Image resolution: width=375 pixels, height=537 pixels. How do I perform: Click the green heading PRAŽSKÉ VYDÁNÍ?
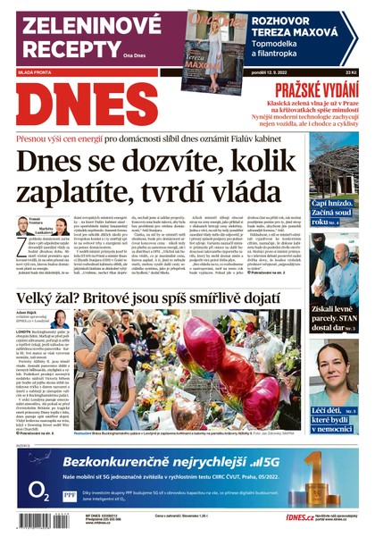(316, 89)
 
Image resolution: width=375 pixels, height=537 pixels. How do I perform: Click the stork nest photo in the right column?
(334, 166)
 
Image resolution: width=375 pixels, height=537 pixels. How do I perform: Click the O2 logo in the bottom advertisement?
(38, 490)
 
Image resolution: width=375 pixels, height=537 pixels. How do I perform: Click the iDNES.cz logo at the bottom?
(273, 517)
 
